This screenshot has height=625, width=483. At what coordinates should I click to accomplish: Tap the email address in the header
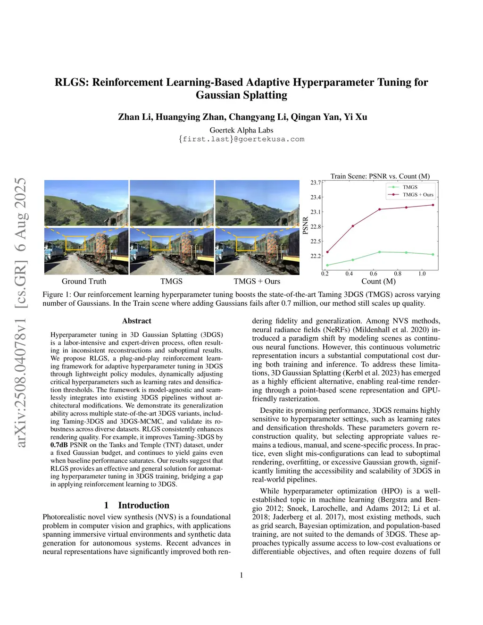coord(241,139)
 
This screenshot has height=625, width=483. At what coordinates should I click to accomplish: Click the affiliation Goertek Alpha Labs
coord(241,130)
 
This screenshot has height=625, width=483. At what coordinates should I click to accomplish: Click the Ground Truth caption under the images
coord(84,281)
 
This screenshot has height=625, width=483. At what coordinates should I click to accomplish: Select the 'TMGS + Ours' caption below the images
coord(257,281)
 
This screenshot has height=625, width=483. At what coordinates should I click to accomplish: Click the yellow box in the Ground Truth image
coord(76,242)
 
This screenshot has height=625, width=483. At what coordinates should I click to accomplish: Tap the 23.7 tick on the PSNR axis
coord(316,183)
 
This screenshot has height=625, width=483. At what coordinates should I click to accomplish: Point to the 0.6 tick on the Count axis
coord(374,274)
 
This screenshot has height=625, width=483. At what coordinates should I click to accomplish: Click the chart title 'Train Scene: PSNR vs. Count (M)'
coord(380,176)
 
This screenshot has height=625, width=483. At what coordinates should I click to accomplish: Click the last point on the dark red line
coord(433,205)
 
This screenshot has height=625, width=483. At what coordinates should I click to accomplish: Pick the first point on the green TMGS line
coord(327,265)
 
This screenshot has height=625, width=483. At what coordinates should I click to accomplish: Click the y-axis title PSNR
coord(305,225)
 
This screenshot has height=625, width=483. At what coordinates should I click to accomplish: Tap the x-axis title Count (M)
coord(378,281)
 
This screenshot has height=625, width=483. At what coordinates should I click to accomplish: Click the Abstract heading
coord(137,321)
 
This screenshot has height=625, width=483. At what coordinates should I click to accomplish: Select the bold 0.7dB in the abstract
coord(59,445)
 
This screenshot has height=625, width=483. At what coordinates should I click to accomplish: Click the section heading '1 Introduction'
coord(137,505)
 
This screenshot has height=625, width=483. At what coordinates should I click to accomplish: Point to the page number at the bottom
coord(241,575)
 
